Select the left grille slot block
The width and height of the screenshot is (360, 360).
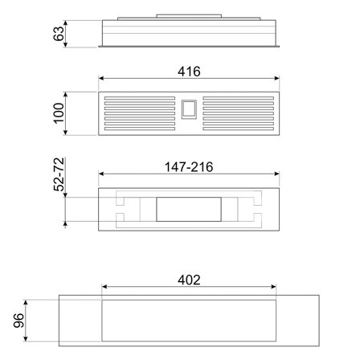coord(138,114)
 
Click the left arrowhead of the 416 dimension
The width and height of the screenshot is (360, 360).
coord(102,79)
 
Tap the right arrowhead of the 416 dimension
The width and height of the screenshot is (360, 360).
coord(277,79)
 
